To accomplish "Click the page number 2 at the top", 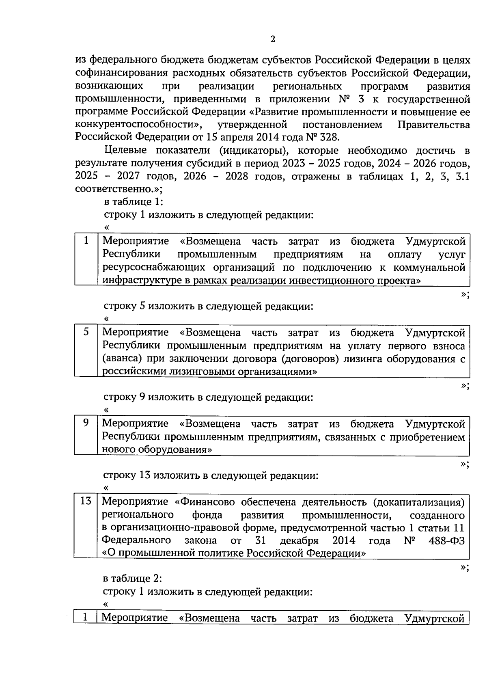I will click(x=272, y=39).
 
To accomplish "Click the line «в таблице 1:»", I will click(x=134, y=202).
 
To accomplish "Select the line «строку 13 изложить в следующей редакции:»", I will click(x=211, y=475).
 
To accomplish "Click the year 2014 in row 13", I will click(x=344, y=540).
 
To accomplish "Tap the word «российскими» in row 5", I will click(x=131, y=371).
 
